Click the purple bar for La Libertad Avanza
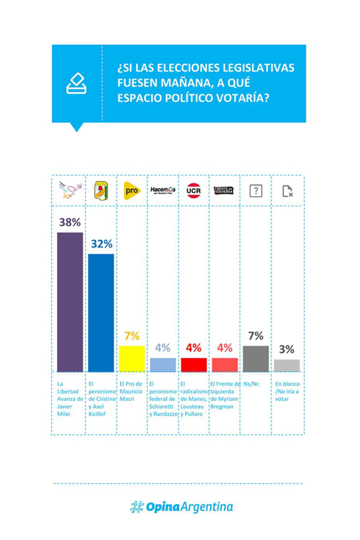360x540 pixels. pos(70,302)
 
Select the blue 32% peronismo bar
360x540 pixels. pos(101,313)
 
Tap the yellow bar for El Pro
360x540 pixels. pos(132,359)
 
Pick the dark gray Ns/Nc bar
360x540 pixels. pos(256,359)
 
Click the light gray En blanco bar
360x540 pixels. pos(287,365)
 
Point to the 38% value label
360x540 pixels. pos(70,223)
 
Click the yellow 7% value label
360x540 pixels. pos(132,336)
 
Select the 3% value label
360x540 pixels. pos(287,350)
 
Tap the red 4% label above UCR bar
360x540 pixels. pos(193,348)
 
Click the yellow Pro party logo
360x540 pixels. pos(132,190)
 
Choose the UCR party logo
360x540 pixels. pos(193,190)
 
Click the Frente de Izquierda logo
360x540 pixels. pos(225,190)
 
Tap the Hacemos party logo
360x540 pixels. pos(163,190)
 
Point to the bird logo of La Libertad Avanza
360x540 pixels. pos(70,190)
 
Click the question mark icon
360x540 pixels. pos(256,191)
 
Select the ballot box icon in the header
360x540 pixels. pos(76,83)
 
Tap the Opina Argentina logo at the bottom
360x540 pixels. pos(181,507)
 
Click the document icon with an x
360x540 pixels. pos(287,191)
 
